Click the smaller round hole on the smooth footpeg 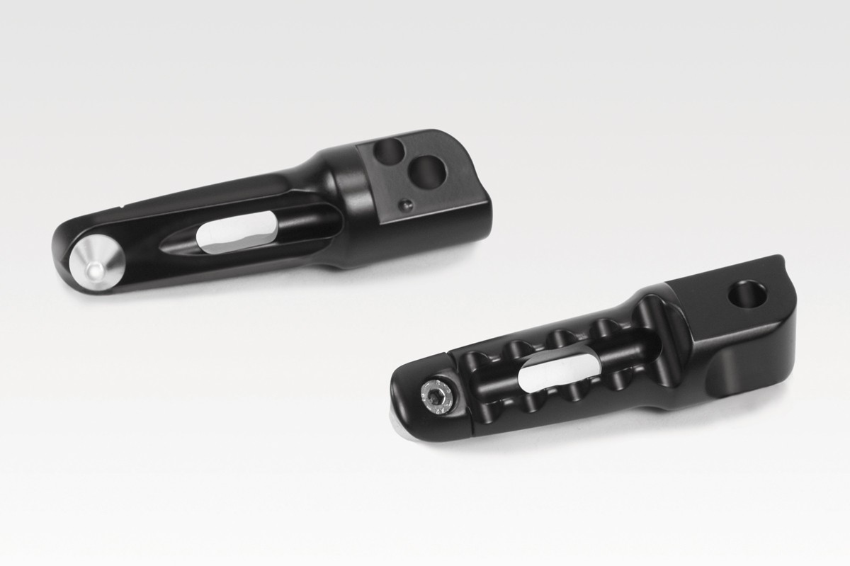coord(386,150)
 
